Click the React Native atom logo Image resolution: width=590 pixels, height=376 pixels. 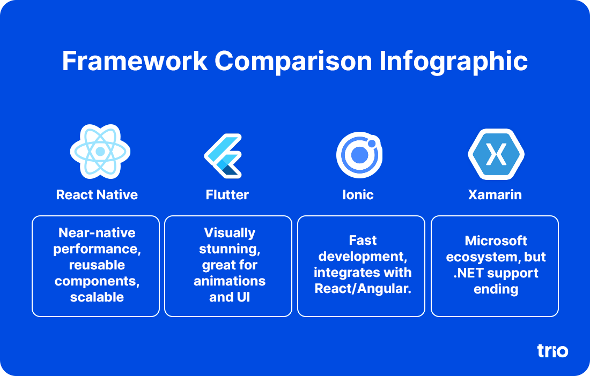tap(100, 152)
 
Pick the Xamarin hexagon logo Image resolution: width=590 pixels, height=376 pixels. tap(496, 154)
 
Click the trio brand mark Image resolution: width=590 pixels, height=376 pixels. tap(552, 351)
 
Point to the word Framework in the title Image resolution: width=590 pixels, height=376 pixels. tap(135, 61)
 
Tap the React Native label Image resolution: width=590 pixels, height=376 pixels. tap(97, 194)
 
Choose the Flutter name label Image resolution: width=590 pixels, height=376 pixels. tap(227, 194)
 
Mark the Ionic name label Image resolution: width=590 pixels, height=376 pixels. tap(358, 194)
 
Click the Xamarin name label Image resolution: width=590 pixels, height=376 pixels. tap(495, 194)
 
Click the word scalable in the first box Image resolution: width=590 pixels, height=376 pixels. tap(97, 297)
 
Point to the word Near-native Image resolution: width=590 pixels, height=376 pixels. tap(97, 233)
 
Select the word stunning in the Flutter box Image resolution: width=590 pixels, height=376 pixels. tap(230, 249)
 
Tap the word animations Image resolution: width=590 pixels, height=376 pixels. tap(230, 281)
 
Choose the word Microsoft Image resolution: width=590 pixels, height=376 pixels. tap(496, 240)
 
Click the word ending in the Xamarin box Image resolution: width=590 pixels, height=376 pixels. tap(496, 290)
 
